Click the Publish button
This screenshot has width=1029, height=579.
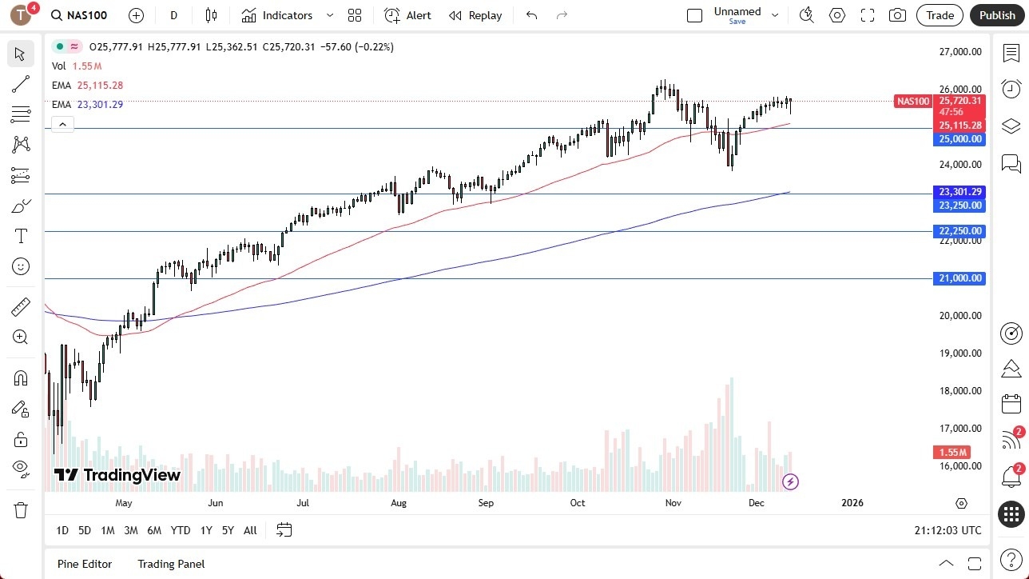(997, 15)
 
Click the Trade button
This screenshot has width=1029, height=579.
(940, 15)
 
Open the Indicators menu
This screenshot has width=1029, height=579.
(287, 15)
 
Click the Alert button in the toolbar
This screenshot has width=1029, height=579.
(407, 15)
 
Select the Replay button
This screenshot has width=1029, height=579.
(475, 15)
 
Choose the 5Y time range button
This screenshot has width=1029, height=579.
(228, 530)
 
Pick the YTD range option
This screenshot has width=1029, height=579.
(181, 530)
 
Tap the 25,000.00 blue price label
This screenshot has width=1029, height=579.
(960, 139)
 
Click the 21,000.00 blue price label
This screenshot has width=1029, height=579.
(960, 278)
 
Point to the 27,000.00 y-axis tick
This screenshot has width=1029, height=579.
(960, 52)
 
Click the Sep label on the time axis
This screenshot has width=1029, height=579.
(486, 503)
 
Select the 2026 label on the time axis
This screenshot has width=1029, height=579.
(852, 503)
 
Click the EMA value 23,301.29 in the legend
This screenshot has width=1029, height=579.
(100, 104)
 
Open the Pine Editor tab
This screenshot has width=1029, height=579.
(85, 564)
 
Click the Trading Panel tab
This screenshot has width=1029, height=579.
(171, 564)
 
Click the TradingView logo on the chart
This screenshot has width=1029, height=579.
(117, 475)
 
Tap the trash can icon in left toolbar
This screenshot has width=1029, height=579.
(21, 510)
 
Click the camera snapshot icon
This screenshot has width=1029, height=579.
(897, 15)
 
